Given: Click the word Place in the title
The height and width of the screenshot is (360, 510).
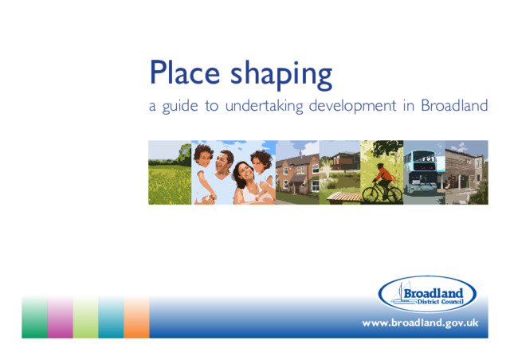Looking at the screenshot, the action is [185, 72].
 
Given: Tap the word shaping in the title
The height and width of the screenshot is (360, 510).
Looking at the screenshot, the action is [281, 75].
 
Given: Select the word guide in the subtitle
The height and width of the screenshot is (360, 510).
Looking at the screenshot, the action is [180, 106].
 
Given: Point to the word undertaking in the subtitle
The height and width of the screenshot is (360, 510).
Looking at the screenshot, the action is [264, 106].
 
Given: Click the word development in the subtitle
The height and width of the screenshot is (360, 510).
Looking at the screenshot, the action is [352, 106].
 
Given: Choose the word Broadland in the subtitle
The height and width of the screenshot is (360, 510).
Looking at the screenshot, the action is [454, 105].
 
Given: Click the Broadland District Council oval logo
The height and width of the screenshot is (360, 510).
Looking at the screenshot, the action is [427, 294].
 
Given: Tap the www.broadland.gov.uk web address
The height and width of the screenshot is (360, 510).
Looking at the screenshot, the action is [420, 323].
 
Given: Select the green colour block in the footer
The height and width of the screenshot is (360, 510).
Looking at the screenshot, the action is [34, 317].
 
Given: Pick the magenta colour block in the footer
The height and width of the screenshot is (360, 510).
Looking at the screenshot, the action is [61, 317].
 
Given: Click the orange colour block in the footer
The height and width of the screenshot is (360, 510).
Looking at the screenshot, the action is [136, 317].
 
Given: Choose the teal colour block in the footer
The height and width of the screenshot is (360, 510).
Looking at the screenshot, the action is [112, 317].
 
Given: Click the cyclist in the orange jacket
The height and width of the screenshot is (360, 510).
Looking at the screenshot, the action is [384, 180].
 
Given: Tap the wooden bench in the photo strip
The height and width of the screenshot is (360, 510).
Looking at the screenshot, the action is [343, 197].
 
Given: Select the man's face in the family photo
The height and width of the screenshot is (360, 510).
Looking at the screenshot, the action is [223, 162].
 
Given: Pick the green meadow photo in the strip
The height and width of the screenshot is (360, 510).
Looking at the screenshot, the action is [170, 172].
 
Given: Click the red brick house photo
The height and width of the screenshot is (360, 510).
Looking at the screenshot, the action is [297, 172].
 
